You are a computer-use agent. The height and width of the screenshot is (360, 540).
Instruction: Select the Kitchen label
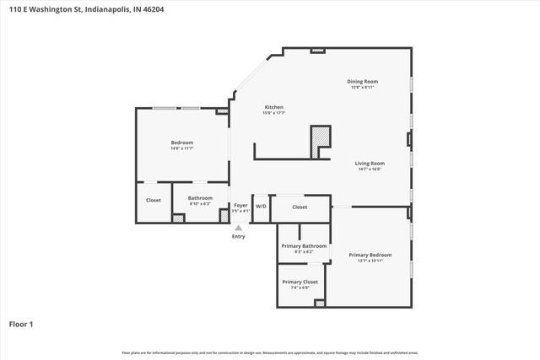click(x=274, y=107)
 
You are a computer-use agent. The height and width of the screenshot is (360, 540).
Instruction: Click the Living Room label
click(x=369, y=163)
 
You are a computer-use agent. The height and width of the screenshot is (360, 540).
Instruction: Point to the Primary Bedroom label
click(x=370, y=255)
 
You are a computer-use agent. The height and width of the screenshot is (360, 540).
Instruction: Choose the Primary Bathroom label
click(x=303, y=245)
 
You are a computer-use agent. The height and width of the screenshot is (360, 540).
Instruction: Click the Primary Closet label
click(x=300, y=282)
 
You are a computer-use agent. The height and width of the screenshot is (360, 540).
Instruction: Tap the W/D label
click(x=261, y=207)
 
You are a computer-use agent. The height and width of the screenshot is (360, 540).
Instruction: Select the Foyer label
click(x=240, y=205)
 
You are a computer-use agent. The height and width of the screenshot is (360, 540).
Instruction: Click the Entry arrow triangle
click(x=239, y=227)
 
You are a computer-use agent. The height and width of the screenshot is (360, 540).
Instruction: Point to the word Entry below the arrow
click(x=239, y=236)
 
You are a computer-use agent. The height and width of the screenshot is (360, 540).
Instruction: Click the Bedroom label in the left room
click(x=182, y=142)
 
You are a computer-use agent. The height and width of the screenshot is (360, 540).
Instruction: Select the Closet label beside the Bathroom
click(x=154, y=200)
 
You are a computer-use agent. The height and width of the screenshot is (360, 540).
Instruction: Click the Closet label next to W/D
click(x=300, y=207)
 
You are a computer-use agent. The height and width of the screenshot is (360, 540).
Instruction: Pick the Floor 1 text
click(x=21, y=324)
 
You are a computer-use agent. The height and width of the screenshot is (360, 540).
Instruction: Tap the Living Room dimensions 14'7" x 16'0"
click(x=369, y=169)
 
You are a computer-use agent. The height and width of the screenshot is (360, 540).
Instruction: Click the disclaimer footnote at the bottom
click(x=270, y=352)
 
